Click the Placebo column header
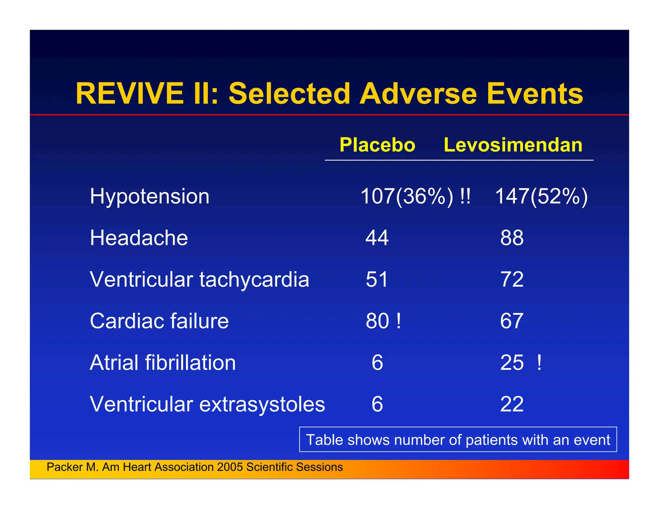coord(377,145)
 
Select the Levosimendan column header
coord(513,145)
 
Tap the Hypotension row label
coord(150,196)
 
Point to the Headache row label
coord(139,238)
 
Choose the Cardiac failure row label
coord(159,321)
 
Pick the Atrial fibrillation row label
coord(163,363)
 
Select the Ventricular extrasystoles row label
coord(208,404)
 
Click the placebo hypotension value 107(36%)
coord(407,196)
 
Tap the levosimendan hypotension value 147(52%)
coord(541,196)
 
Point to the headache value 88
coord(512,238)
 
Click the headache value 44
coord(377,238)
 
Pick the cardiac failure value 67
coord(512,321)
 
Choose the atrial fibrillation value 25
coord(512,363)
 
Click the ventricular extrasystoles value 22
coord(512,404)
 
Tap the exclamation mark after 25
coord(539,363)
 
